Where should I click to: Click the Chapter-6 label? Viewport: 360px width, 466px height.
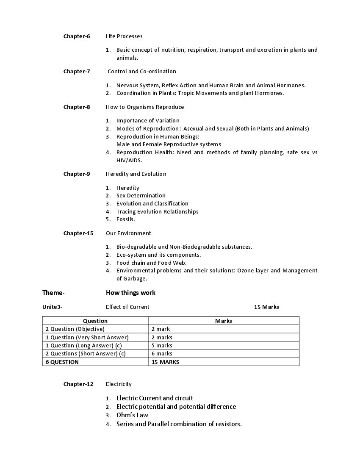click(77, 36)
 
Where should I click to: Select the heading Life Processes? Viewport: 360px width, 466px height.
click(124, 36)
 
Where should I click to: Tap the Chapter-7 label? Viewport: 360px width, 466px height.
click(77, 71)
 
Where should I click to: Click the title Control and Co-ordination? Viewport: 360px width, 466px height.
click(141, 71)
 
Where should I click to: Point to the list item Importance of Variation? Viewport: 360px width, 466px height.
click(148, 120)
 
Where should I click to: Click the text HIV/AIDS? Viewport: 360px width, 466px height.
click(129, 160)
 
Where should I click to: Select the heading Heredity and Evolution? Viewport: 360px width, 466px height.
click(136, 174)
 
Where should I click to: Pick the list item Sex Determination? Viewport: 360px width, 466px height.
click(141, 195)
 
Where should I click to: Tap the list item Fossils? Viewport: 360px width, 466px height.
click(125, 219)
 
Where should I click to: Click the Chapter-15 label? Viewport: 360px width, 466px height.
click(78, 233)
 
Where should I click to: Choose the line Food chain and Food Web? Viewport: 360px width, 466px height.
click(151, 263)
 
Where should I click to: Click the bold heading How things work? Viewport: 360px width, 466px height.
click(130, 292)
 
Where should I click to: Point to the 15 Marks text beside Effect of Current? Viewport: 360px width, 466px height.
click(266, 307)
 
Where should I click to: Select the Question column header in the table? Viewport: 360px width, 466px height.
click(95, 321)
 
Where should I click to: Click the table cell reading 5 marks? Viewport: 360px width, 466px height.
click(162, 345)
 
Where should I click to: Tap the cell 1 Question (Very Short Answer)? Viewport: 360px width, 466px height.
click(87, 337)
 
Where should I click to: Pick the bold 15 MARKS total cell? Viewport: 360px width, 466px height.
click(165, 362)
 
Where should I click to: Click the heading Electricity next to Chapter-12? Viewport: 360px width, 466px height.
click(119, 384)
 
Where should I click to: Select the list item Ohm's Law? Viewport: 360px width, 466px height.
click(132, 415)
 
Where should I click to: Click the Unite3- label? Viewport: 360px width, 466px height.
click(52, 307)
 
